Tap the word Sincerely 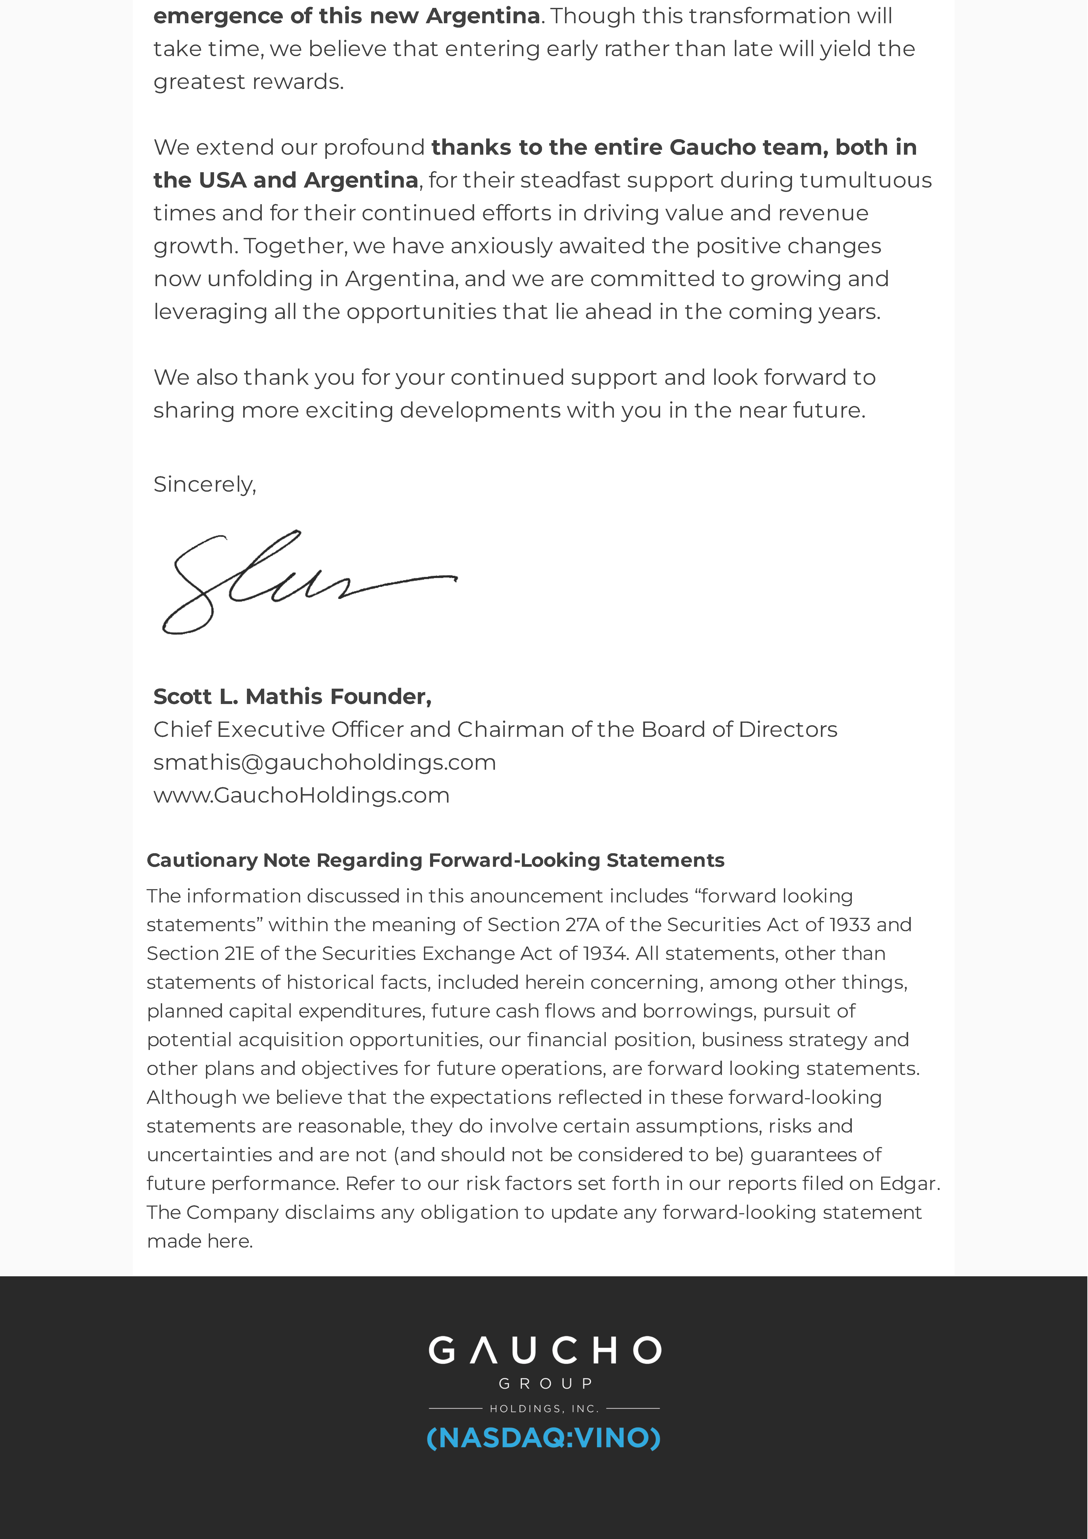coord(204,484)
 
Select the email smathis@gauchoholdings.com coord(324,762)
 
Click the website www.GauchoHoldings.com coord(301,795)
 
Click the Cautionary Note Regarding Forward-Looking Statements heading coord(435,860)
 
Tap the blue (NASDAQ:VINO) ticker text coord(544,1438)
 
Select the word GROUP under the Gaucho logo coord(545,1383)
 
